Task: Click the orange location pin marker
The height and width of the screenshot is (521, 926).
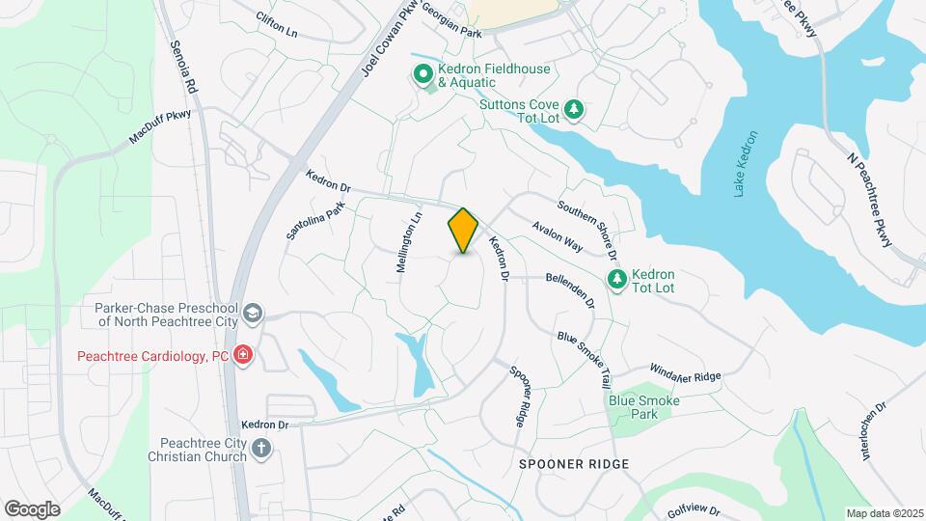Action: (x=464, y=232)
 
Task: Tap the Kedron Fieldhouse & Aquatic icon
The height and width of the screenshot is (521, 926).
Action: (x=422, y=74)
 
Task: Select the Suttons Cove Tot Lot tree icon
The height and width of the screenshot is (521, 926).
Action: (x=575, y=110)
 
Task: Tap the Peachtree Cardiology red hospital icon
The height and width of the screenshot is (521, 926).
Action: (x=243, y=355)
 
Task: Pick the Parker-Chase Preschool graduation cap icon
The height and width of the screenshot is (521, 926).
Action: (x=252, y=313)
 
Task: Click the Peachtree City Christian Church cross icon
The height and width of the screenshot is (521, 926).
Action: (x=260, y=448)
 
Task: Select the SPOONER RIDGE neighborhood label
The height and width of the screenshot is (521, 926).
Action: (x=574, y=464)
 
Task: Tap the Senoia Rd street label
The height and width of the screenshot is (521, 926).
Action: (x=183, y=66)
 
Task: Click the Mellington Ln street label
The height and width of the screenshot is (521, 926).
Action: (x=410, y=243)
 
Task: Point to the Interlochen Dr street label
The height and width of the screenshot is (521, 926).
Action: (x=874, y=430)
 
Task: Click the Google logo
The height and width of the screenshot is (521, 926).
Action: (x=32, y=508)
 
